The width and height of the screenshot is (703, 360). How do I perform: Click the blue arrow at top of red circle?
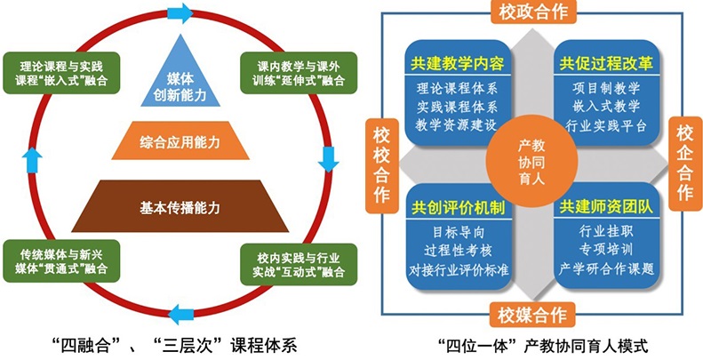[180, 13]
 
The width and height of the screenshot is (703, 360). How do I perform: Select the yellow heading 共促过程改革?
[607, 64]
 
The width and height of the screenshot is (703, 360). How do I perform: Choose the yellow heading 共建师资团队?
[607, 206]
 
